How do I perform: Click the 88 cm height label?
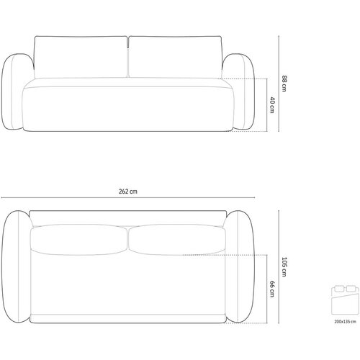(x=284, y=84)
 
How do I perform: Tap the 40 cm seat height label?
(x=272, y=105)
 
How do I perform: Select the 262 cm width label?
(x=128, y=192)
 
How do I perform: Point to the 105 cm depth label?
(x=284, y=267)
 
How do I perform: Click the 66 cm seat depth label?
(x=272, y=289)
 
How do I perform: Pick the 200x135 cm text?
(x=345, y=322)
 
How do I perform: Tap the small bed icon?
(x=346, y=300)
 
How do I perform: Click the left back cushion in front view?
(x=81, y=57)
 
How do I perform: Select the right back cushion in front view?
(x=176, y=57)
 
